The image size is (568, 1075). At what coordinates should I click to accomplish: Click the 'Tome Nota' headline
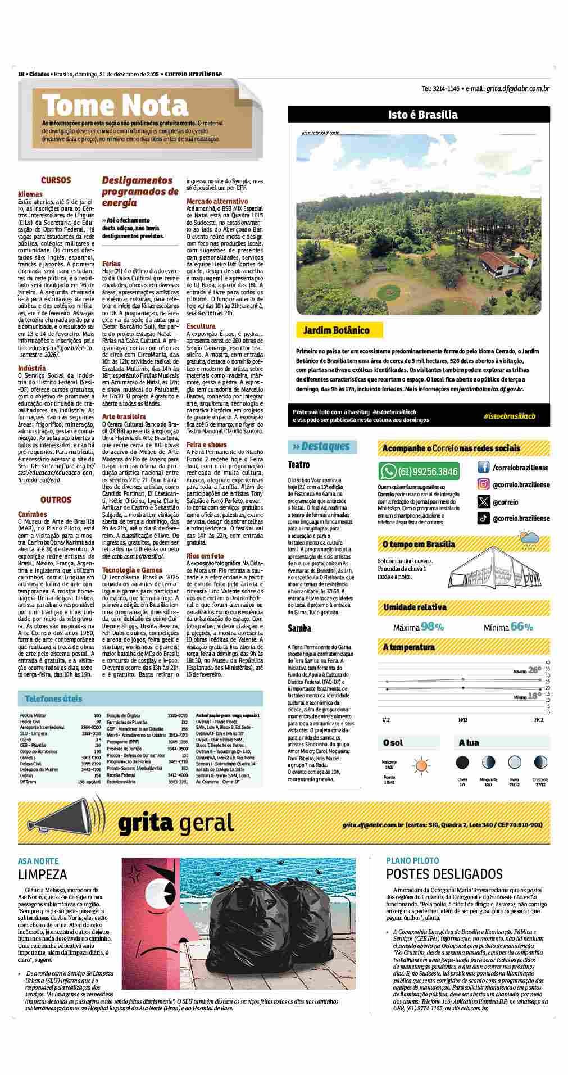pos(115,106)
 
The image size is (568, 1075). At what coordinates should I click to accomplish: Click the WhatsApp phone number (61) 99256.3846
pos(427,471)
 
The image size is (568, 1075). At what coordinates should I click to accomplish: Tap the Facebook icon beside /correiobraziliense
pos(483,468)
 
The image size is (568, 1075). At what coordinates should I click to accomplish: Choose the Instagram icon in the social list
pos(483,484)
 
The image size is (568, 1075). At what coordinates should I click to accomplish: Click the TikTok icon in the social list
pos(483,518)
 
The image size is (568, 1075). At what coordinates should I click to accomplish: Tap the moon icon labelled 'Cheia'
pos(462,763)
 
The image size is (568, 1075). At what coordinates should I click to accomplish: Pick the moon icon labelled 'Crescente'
pos(540,763)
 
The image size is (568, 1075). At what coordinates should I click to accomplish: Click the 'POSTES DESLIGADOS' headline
pos(444,874)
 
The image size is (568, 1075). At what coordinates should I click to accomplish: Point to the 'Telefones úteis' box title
pos(53,698)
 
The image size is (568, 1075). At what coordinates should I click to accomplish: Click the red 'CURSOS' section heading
pos(56,180)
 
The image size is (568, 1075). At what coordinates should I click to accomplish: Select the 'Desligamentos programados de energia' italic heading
pos(140,191)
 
